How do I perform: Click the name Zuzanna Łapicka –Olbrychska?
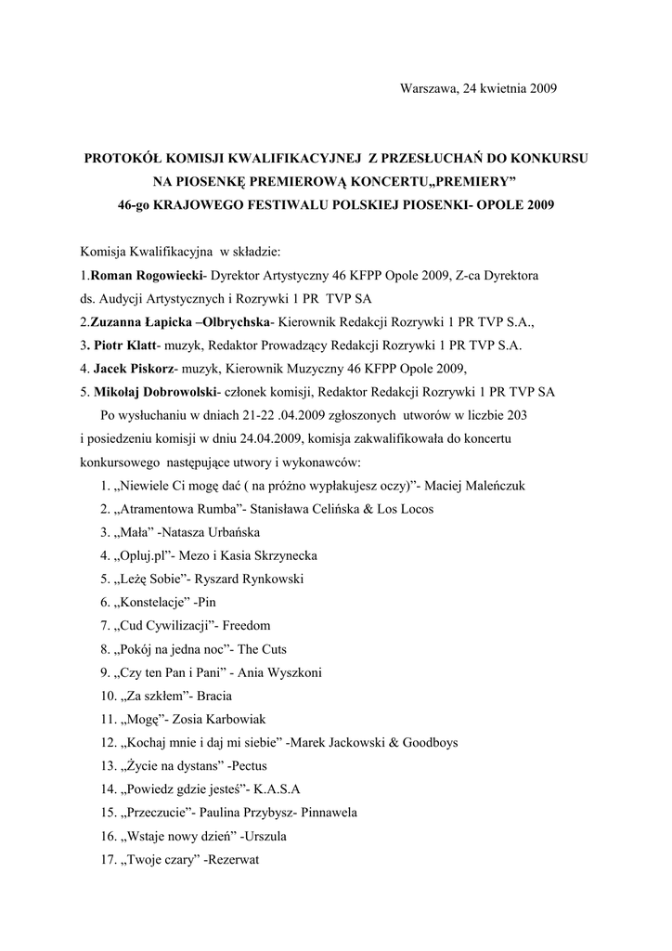tap(174, 322)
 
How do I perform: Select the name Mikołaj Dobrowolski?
tap(151, 392)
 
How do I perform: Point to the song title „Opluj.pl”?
tap(142, 555)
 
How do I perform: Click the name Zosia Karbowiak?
tap(228, 720)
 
